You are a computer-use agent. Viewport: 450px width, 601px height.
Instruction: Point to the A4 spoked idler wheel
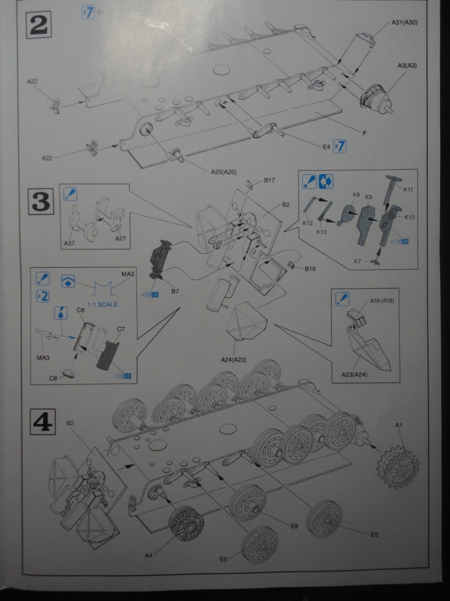tap(186, 525)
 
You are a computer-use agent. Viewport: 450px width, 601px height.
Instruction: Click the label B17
tap(270, 179)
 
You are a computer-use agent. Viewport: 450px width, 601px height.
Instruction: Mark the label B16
tap(310, 269)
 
